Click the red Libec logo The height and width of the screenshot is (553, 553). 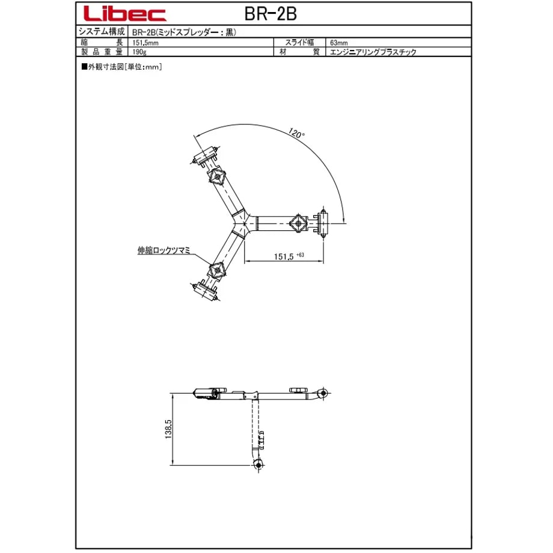point(125,14)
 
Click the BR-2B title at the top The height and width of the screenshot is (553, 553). point(270,14)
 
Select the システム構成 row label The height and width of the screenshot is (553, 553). point(102,31)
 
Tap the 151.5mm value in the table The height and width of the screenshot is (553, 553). point(145,43)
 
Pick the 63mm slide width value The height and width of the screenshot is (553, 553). point(339,43)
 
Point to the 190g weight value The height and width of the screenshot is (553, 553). point(139,52)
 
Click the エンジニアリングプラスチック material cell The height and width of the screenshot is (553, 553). point(373,52)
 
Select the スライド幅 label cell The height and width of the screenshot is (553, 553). point(299,42)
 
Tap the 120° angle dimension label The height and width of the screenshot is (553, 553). point(296,133)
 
